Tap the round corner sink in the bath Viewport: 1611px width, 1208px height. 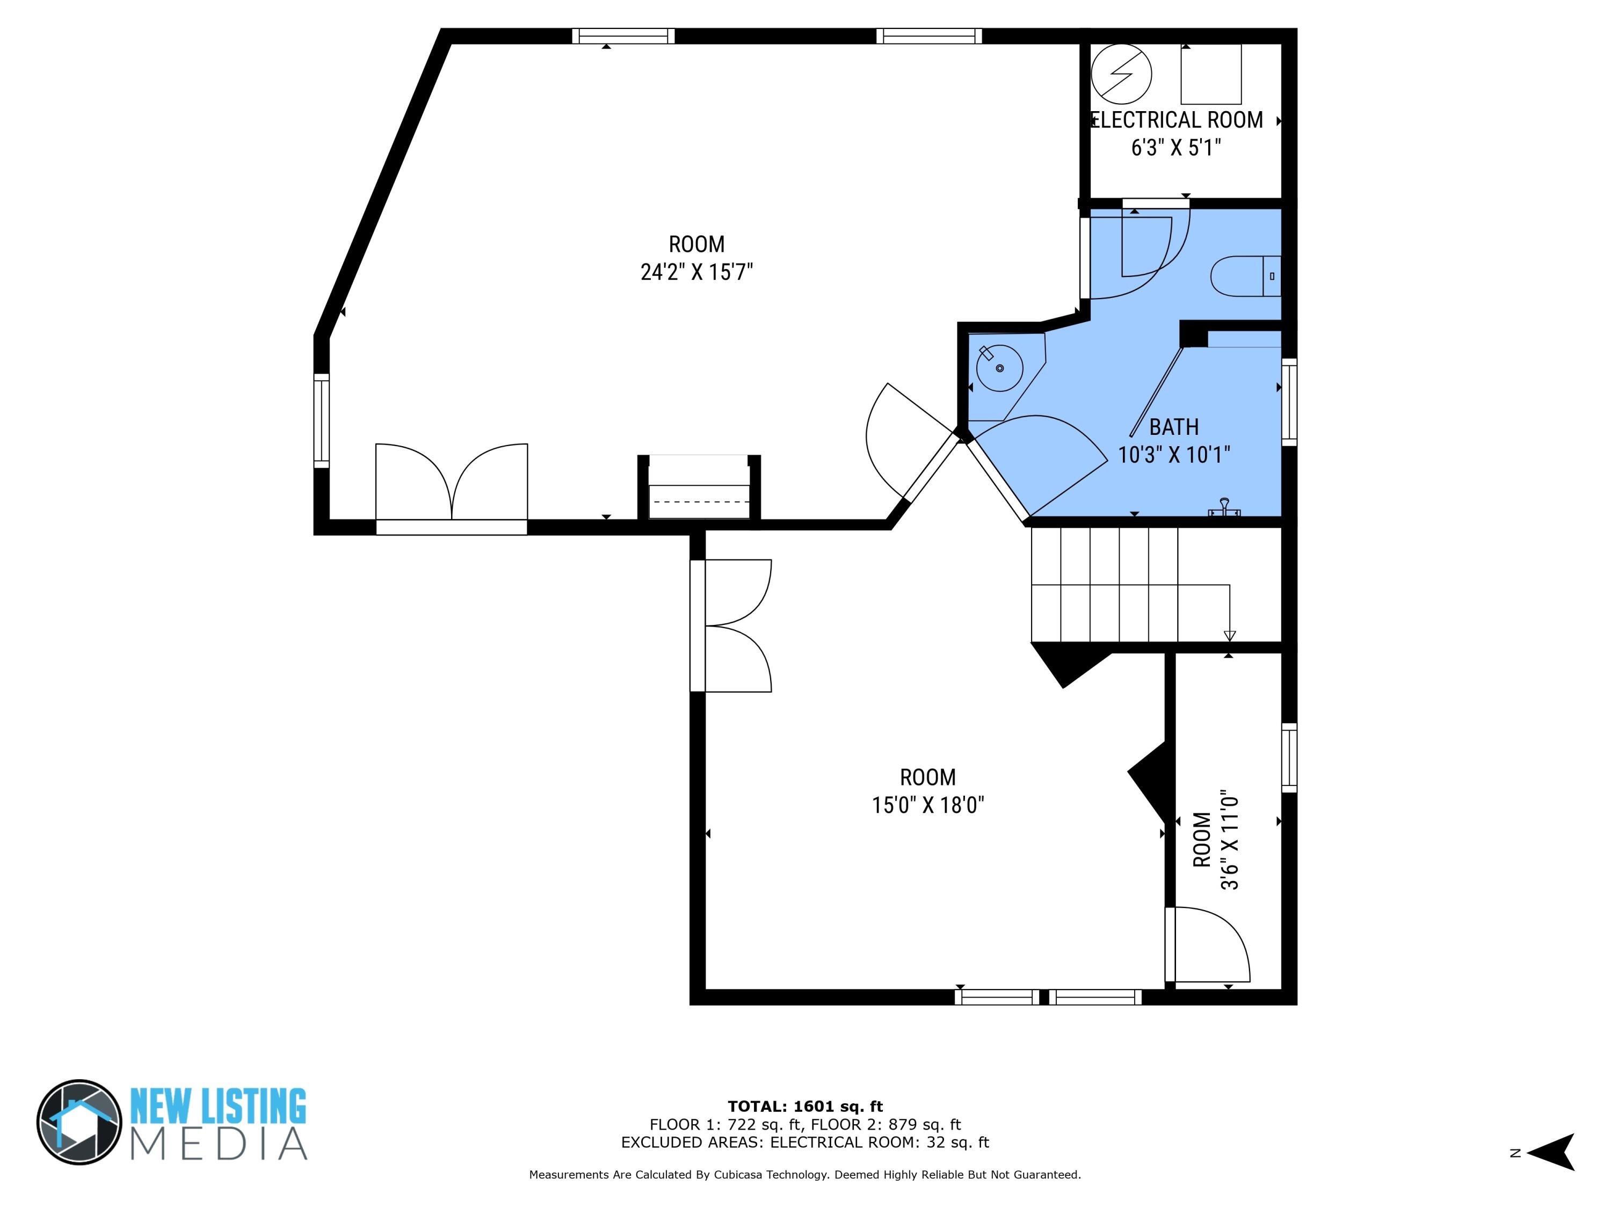coord(1000,368)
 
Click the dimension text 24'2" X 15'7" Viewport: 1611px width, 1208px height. coord(696,272)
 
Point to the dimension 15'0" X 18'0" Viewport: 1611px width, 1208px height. coord(928,805)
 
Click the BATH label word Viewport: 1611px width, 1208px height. coord(1173,427)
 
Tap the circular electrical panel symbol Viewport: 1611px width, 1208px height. coord(1122,74)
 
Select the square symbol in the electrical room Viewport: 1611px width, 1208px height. coord(1210,74)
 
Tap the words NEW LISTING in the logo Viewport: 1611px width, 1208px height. coord(218,1108)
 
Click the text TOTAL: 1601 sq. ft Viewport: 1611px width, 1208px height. coord(805,1107)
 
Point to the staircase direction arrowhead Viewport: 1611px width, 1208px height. coord(1229,636)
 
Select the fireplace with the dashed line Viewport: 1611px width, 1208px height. coord(699,488)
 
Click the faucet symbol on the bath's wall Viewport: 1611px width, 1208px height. coord(1224,507)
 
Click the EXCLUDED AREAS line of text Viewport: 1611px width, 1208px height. coord(805,1142)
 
